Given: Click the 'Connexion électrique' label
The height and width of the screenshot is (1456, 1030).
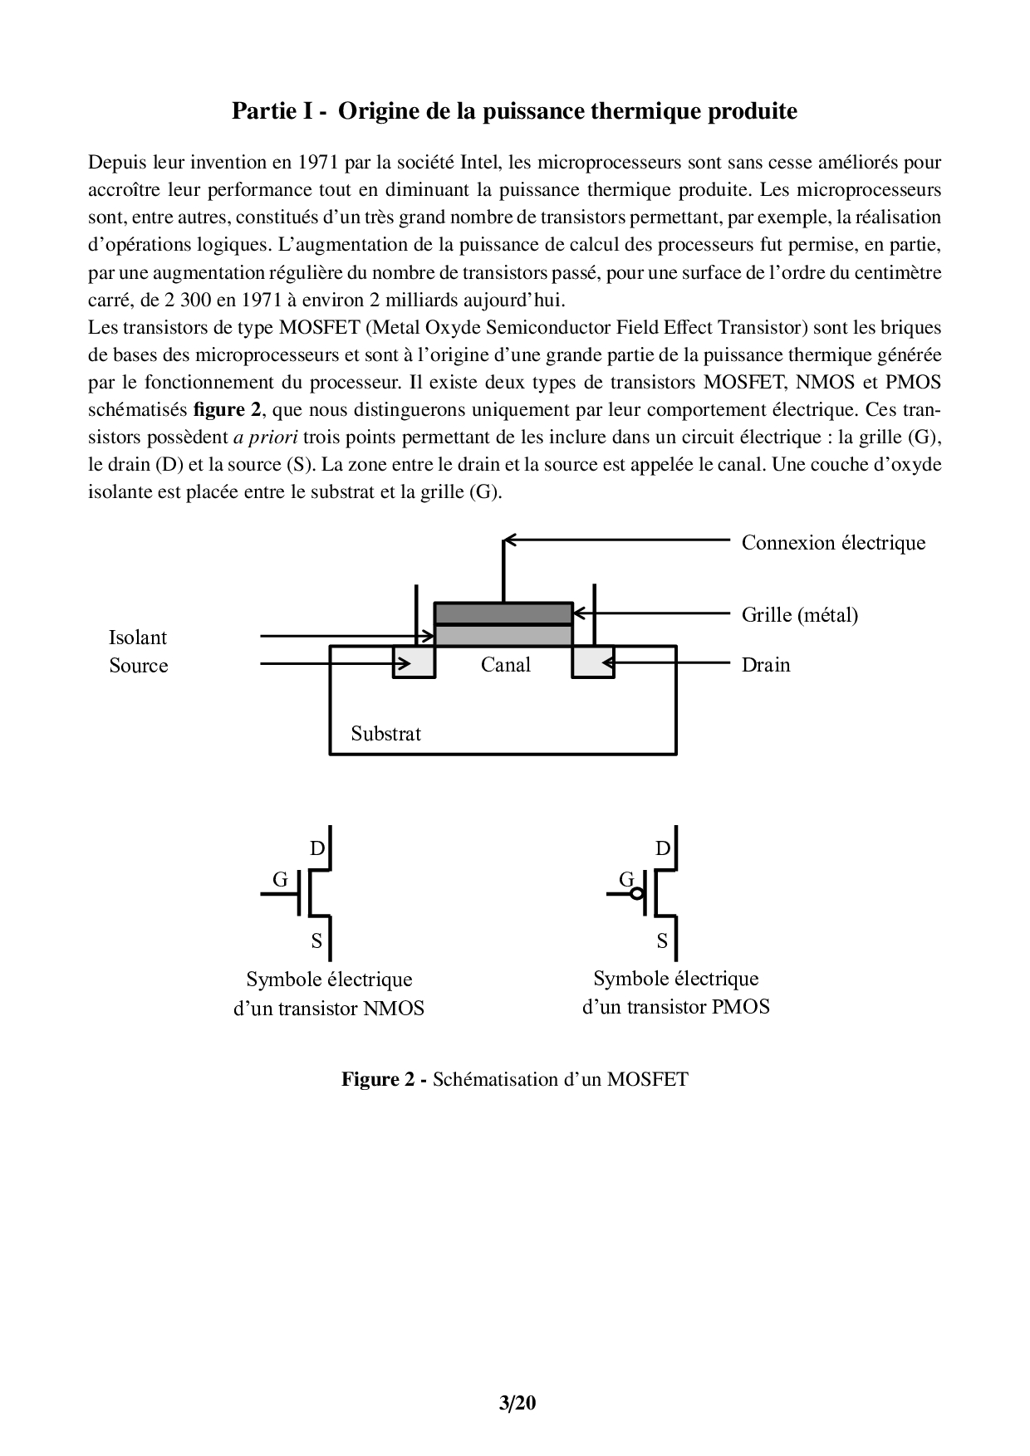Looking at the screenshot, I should click(833, 543).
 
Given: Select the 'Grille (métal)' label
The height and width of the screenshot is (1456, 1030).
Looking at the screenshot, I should click(799, 614).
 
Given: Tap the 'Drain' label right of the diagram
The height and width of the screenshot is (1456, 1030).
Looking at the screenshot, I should click(765, 665).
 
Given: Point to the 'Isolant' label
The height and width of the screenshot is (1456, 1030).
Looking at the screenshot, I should click(138, 638).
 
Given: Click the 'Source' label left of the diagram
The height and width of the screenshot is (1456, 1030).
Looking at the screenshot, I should click(139, 666).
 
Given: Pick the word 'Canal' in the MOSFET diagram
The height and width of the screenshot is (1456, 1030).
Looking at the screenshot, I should click(505, 664).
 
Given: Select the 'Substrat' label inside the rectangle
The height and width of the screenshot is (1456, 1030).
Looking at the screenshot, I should click(385, 734).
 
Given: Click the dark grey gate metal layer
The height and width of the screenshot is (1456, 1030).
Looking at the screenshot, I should click(503, 613).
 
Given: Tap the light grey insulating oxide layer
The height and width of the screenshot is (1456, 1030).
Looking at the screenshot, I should click(503, 635).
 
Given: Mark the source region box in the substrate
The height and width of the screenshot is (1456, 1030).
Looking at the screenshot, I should click(414, 662).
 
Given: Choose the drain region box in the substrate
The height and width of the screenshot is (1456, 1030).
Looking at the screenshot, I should click(593, 662).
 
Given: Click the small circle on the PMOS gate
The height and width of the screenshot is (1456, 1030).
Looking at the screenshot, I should click(636, 894).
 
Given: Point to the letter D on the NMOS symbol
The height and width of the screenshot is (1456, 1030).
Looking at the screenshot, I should click(317, 848).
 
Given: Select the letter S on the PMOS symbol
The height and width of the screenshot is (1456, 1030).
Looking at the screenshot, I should click(662, 941).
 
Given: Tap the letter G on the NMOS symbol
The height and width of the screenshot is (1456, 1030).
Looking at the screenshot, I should click(280, 879).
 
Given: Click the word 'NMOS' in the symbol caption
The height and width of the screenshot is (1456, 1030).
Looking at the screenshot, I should click(395, 1009).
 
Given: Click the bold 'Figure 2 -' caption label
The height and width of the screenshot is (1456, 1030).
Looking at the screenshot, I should click(384, 1080).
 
